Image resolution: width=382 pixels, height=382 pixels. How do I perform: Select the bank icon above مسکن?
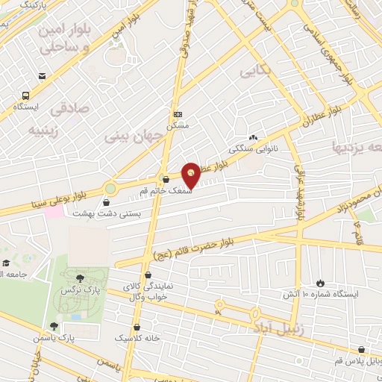click(178, 114)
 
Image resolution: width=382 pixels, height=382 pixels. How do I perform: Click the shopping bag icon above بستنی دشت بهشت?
click(106, 202)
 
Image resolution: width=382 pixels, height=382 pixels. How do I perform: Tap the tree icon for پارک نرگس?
click(80, 278)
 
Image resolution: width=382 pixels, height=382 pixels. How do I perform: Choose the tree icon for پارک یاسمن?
click(54, 326)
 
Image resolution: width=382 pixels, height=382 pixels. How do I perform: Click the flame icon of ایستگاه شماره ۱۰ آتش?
click(320, 283)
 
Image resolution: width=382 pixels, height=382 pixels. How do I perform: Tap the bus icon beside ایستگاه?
click(26, 95)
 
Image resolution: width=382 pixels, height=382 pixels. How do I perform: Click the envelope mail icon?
click(42, 76)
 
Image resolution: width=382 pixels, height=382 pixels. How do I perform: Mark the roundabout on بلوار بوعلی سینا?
click(110, 190)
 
